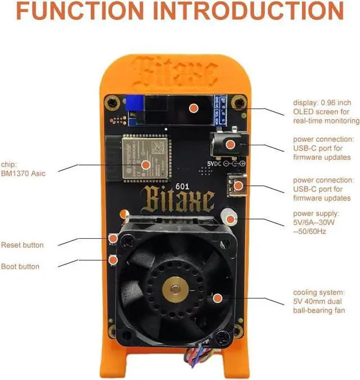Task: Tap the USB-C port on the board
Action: pyautogui.click(x=238, y=184)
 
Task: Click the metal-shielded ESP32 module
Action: pyautogui.click(x=145, y=158)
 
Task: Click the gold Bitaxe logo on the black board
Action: pyautogui.click(x=178, y=200)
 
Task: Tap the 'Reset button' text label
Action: pyautogui.click(x=22, y=245)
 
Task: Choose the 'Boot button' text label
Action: pyautogui.click(x=20, y=266)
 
